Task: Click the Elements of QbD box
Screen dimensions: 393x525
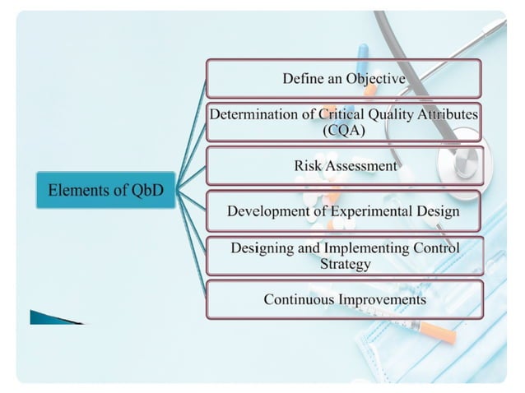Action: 105,190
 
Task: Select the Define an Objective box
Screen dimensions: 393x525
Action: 343,79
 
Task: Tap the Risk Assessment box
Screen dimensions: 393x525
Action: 343,165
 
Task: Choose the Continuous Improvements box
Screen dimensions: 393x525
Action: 343,299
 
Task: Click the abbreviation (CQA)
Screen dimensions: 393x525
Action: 344,129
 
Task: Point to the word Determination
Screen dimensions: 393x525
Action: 252,114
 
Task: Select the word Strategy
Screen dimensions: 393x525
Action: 345,264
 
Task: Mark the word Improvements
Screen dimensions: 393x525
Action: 382,299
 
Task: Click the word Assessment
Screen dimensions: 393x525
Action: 359,165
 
